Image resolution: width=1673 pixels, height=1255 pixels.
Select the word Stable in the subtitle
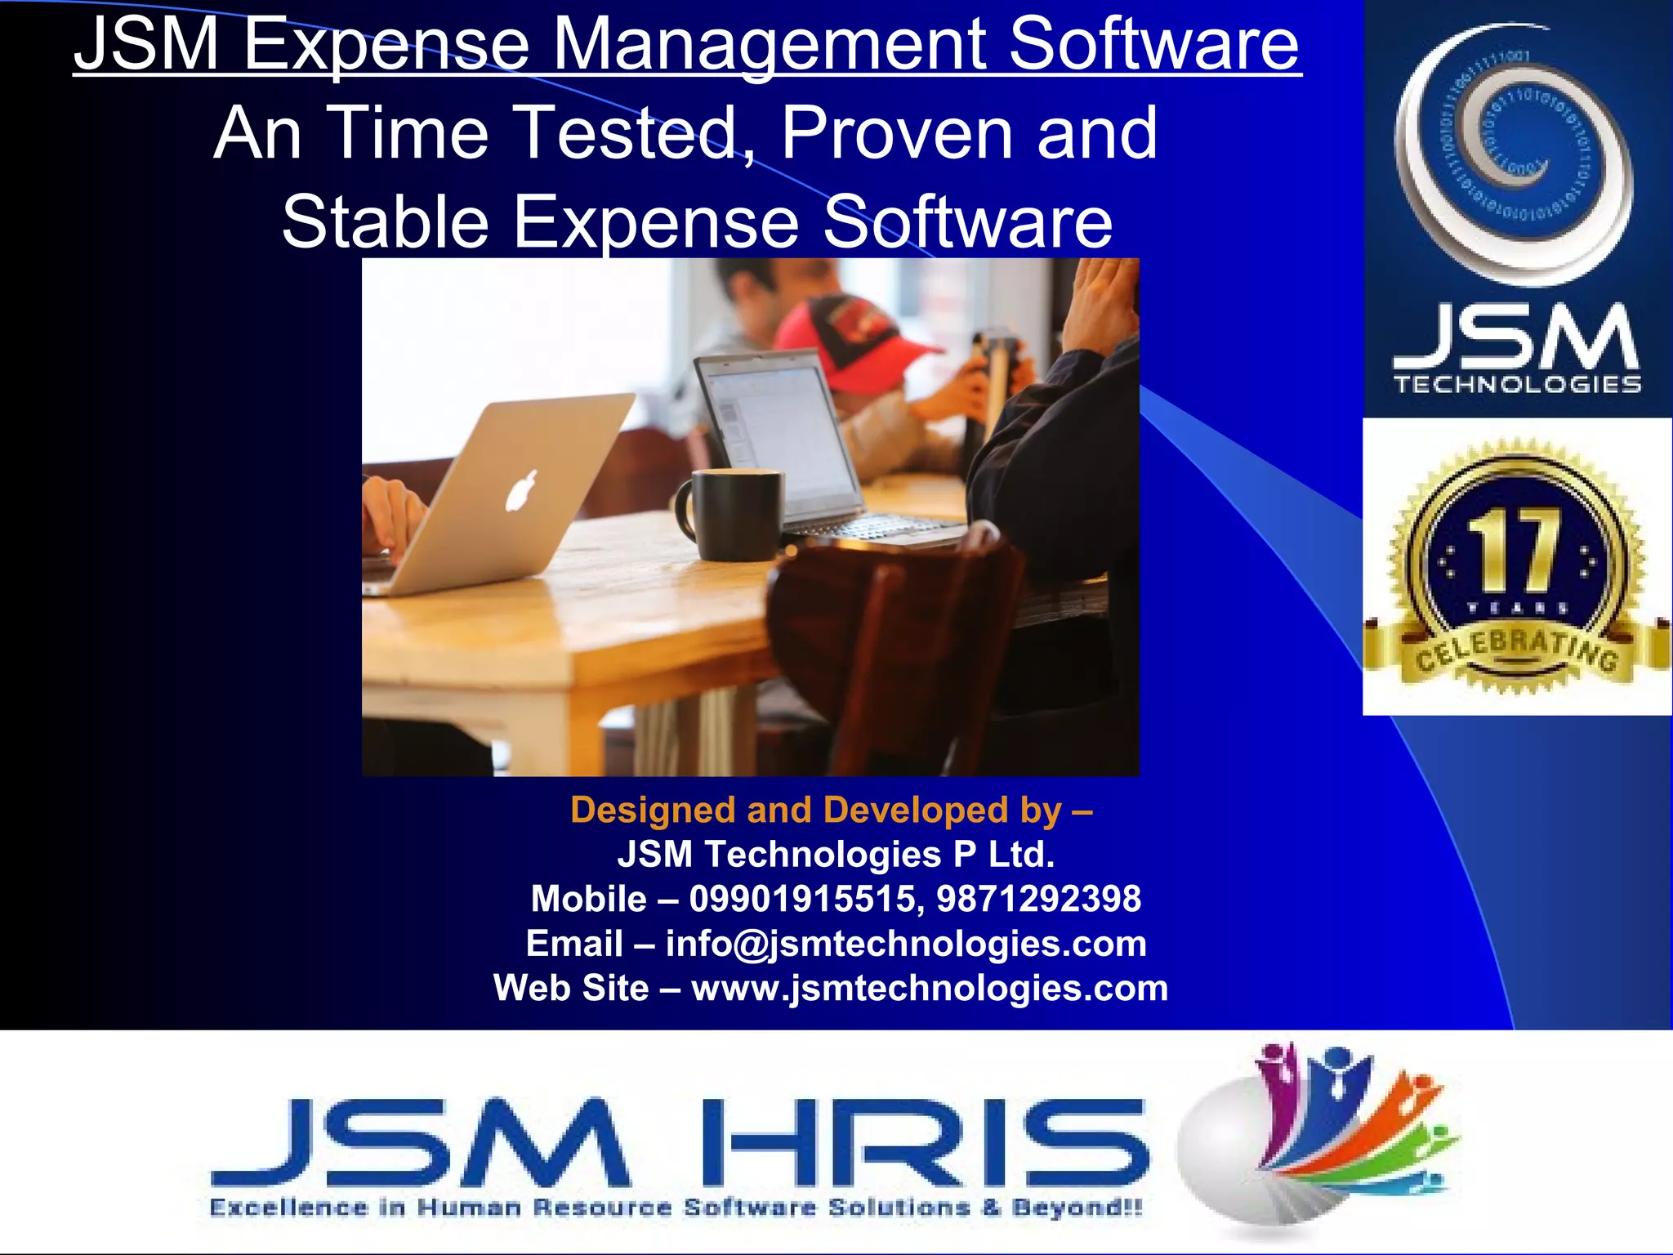tap(385, 221)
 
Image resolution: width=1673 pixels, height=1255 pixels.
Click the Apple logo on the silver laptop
tap(523, 490)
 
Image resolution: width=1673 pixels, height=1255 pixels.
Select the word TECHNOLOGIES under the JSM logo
tap(1517, 385)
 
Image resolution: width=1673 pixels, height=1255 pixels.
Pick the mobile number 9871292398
tap(1038, 899)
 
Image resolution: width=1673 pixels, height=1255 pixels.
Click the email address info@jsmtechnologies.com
tap(906, 944)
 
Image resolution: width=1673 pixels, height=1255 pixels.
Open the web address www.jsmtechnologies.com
tap(930, 988)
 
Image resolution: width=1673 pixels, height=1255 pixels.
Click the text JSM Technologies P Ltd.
tap(836, 855)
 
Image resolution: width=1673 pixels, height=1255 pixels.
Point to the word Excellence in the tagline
tap(288, 1208)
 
